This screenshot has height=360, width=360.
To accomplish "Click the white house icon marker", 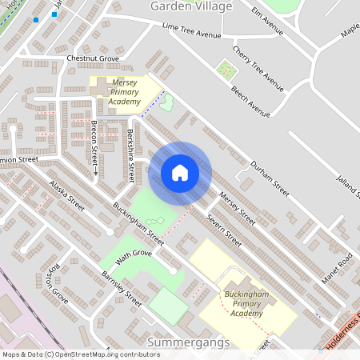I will coord(179,173).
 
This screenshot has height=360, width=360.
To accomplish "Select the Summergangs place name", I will coord(189,342).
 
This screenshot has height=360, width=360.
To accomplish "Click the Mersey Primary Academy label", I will coord(126,92).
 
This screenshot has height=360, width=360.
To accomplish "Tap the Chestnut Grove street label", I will coord(93,58).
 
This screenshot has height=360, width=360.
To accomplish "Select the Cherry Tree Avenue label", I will coord(258,68).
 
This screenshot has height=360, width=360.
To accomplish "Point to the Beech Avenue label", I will coord(250,97).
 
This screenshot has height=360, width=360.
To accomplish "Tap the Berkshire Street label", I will coord(130,155).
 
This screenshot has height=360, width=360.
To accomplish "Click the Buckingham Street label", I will coord(138,222).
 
